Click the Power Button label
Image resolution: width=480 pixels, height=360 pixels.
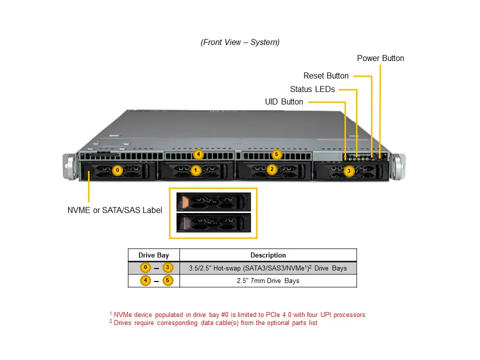point(380,58)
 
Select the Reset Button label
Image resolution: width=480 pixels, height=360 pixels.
point(326,76)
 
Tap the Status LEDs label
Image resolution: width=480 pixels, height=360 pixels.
point(312,89)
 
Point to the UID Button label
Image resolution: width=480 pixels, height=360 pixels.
point(284,102)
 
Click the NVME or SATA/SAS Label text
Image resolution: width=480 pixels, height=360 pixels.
point(114,210)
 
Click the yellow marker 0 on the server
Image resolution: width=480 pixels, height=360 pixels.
point(117,170)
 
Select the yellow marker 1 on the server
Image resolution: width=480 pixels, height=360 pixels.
point(195,170)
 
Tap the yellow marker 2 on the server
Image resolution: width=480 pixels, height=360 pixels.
point(272,169)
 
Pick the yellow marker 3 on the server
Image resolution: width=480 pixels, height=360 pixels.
point(349,171)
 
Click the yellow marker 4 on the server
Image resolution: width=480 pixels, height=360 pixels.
point(198,154)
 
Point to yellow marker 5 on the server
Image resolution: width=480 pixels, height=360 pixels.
point(277,154)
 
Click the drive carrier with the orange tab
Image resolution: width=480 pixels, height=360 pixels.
point(213,201)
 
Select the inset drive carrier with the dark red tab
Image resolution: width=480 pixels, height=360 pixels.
point(213,222)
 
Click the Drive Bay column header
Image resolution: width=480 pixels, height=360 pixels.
point(153,255)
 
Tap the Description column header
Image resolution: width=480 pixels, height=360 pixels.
point(268,255)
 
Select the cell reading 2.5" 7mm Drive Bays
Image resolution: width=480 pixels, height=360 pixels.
point(268,280)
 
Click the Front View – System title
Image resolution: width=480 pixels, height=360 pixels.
point(240,42)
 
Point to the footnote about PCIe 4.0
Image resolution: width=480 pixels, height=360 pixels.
point(237,314)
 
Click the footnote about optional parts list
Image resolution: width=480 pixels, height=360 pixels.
point(213,322)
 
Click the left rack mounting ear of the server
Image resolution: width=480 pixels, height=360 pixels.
point(68,166)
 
